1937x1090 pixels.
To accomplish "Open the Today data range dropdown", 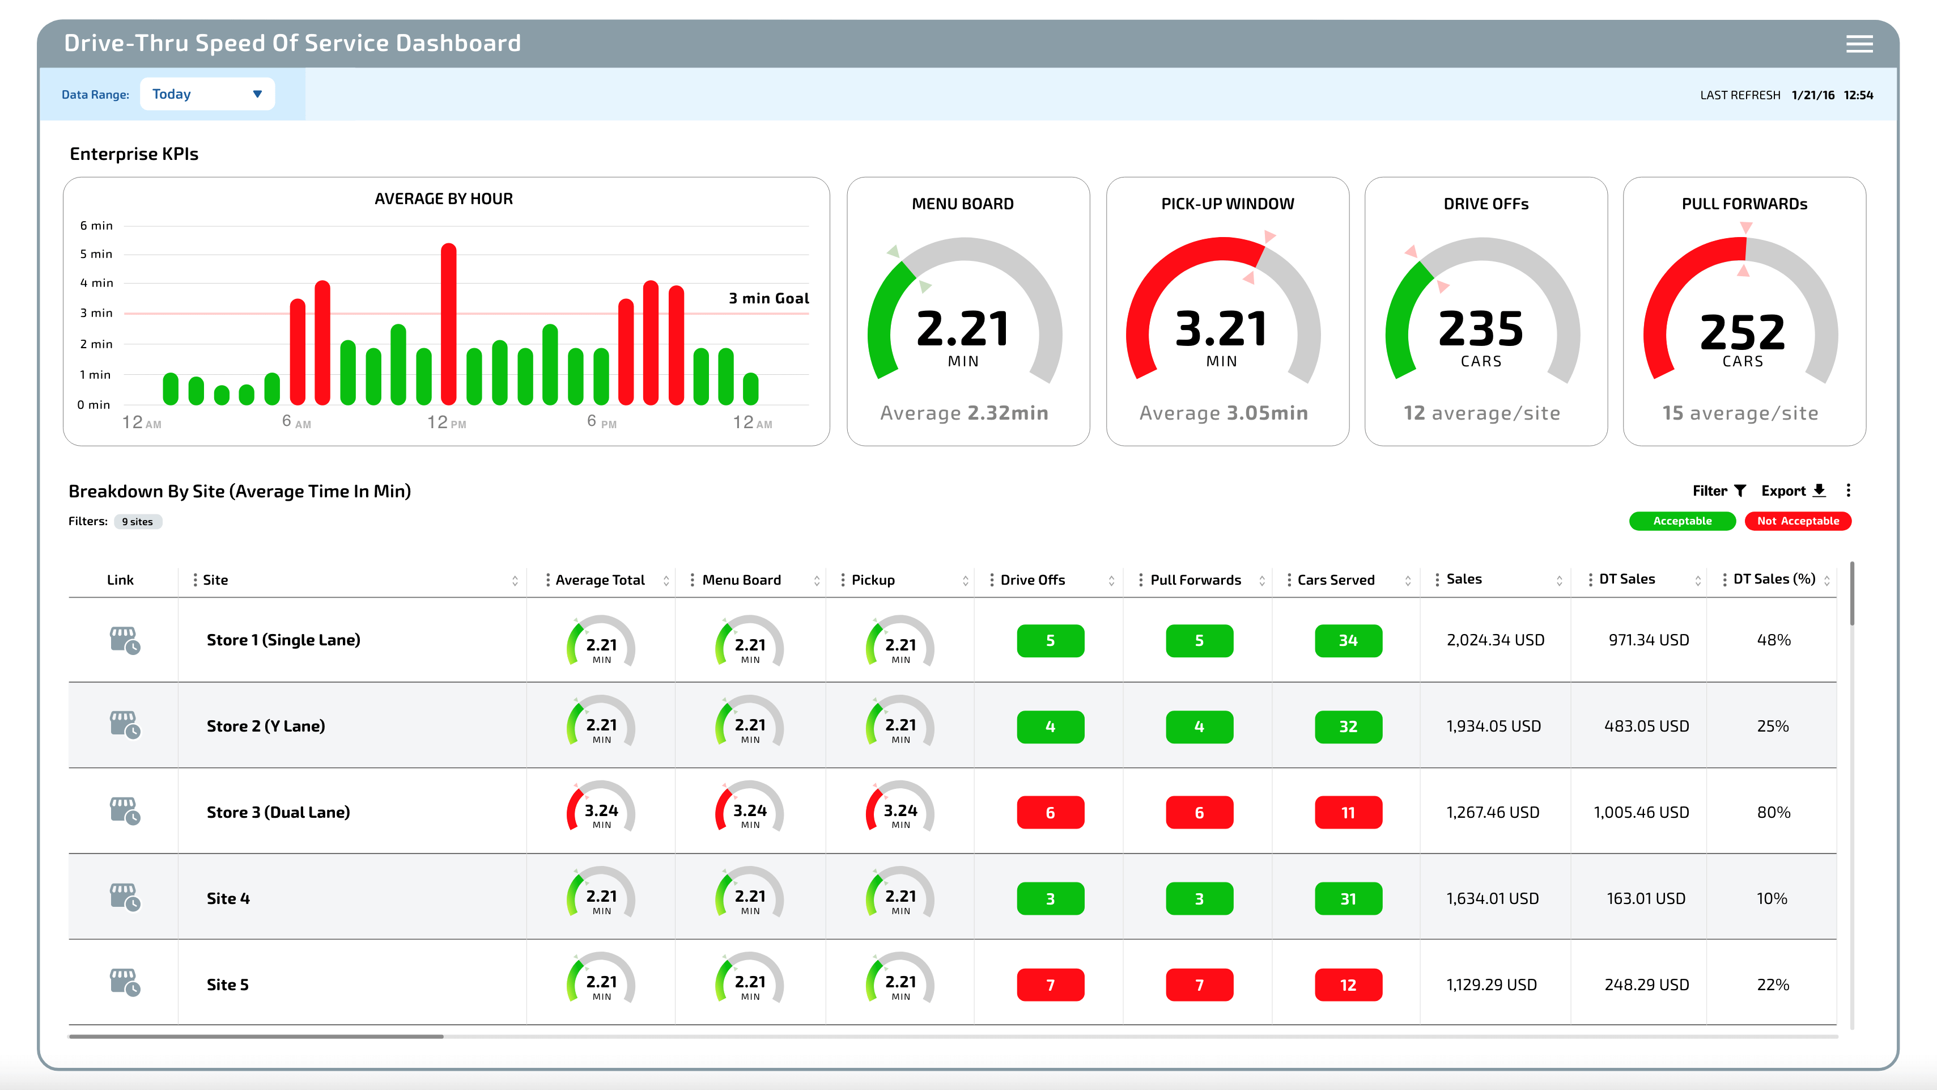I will (207, 94).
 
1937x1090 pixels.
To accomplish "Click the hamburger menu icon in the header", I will (1859, 44).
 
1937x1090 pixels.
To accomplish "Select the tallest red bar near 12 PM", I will (448, 323).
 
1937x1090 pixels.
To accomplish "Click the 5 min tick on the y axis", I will (96, 254).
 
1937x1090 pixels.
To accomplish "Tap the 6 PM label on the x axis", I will (601, 422).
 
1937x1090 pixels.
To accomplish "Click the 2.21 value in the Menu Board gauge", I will (962, 329).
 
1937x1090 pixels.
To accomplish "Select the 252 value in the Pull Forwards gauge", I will (1742, 332).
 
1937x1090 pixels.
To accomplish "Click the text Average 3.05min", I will (1224, 413).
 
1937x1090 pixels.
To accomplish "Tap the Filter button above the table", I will (1718, 491).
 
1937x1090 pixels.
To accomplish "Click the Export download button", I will (1792, 491).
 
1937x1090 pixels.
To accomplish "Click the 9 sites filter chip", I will (138, 521).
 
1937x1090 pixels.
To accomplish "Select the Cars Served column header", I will (1336, 580).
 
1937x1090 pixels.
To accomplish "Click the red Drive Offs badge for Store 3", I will (1050, 813).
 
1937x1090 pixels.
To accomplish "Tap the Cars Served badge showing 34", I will (1348, 640).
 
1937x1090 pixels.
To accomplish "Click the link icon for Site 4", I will (125, 897).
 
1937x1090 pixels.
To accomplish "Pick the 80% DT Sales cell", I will (1773, 813).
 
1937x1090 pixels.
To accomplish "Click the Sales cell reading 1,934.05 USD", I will (1493, 726).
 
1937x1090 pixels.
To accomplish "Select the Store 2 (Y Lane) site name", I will (265, 726).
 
